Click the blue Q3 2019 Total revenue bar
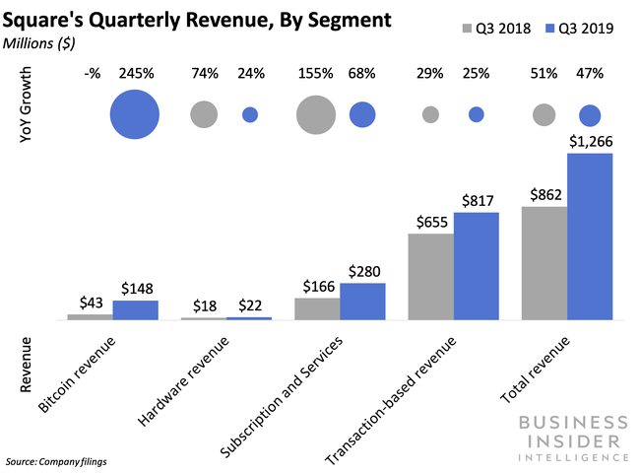(590, 236)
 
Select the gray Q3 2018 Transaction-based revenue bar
(430, 277)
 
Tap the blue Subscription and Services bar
(362, 302)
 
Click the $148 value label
(136, 289)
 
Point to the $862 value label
(544, 195)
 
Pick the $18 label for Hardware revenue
(204, 306)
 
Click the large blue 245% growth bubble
(135, 114)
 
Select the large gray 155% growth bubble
(316, 114)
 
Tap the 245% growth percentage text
(135, 72)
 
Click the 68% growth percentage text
(362, 72)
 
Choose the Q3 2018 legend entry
(497, 29)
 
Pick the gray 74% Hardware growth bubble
(204, 114)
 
